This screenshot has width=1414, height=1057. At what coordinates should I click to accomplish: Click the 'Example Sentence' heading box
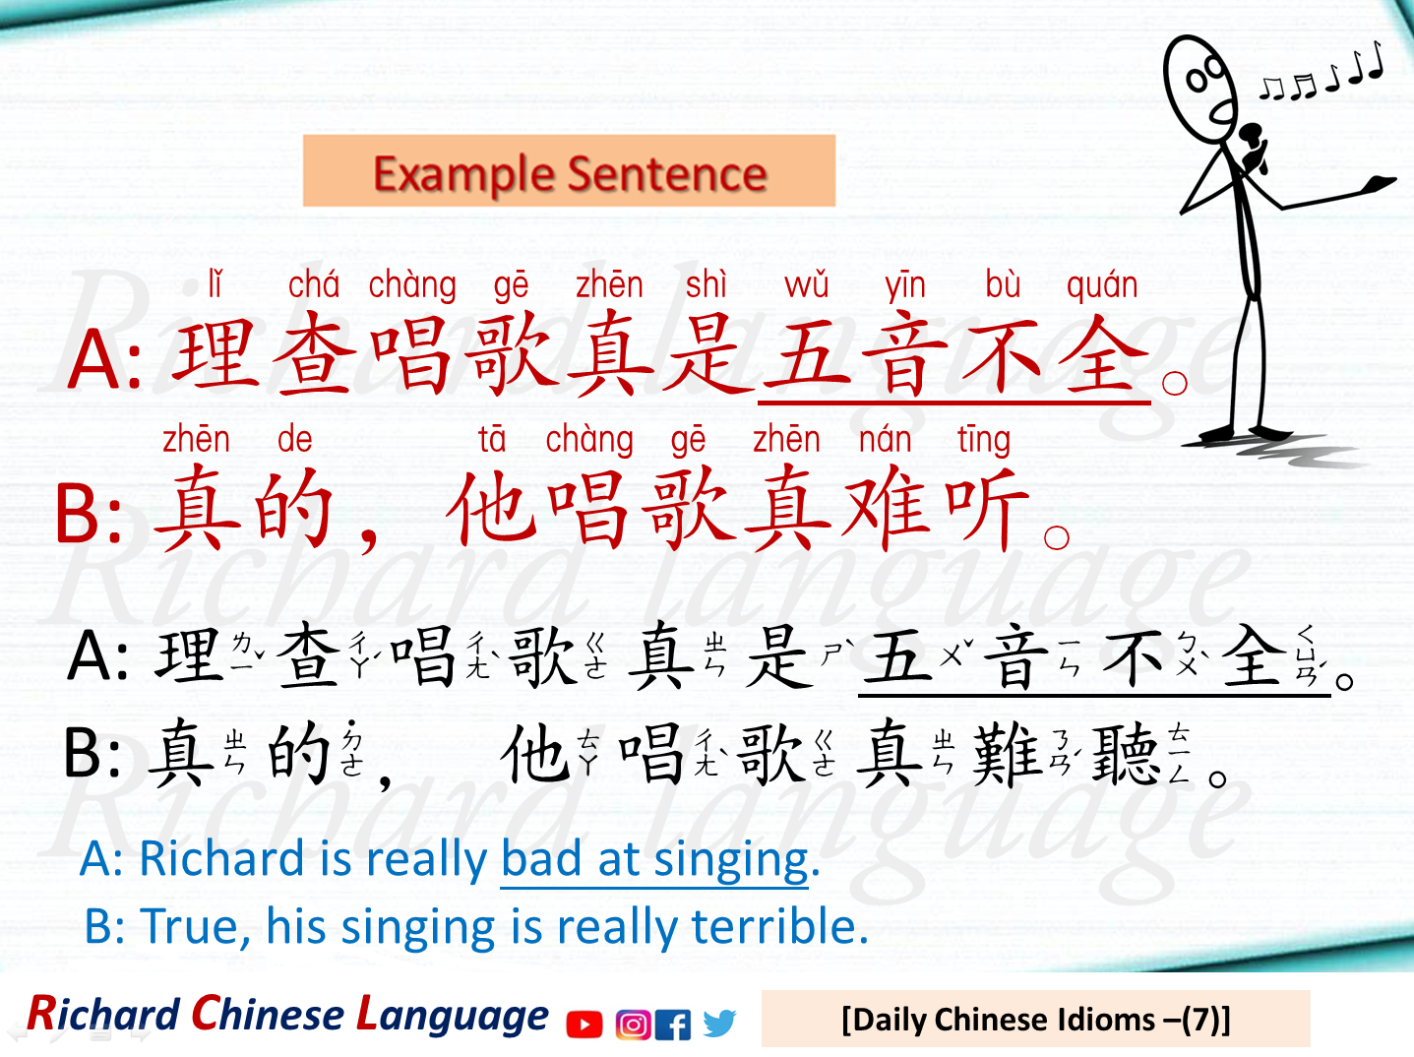point(569,171)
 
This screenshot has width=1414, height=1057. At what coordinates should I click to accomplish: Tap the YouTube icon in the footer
point(584,1025)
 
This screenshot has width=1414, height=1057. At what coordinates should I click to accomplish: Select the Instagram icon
point(632,1025)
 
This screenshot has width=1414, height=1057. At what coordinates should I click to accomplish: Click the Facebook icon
point(672,1025)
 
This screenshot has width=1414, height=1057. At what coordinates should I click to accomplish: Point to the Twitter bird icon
point(719,1024)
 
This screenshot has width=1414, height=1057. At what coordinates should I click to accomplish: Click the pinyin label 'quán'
point(1101,285)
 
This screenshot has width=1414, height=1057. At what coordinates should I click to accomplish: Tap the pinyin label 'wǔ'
point(806,285)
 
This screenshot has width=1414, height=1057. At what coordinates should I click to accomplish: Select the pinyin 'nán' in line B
point(885,439)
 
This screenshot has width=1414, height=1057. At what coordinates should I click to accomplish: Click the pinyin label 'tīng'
point(983,440)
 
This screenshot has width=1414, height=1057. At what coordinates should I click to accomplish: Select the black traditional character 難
point(1006,755)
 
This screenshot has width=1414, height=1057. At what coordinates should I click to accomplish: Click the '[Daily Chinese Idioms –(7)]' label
point(1035,1020)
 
